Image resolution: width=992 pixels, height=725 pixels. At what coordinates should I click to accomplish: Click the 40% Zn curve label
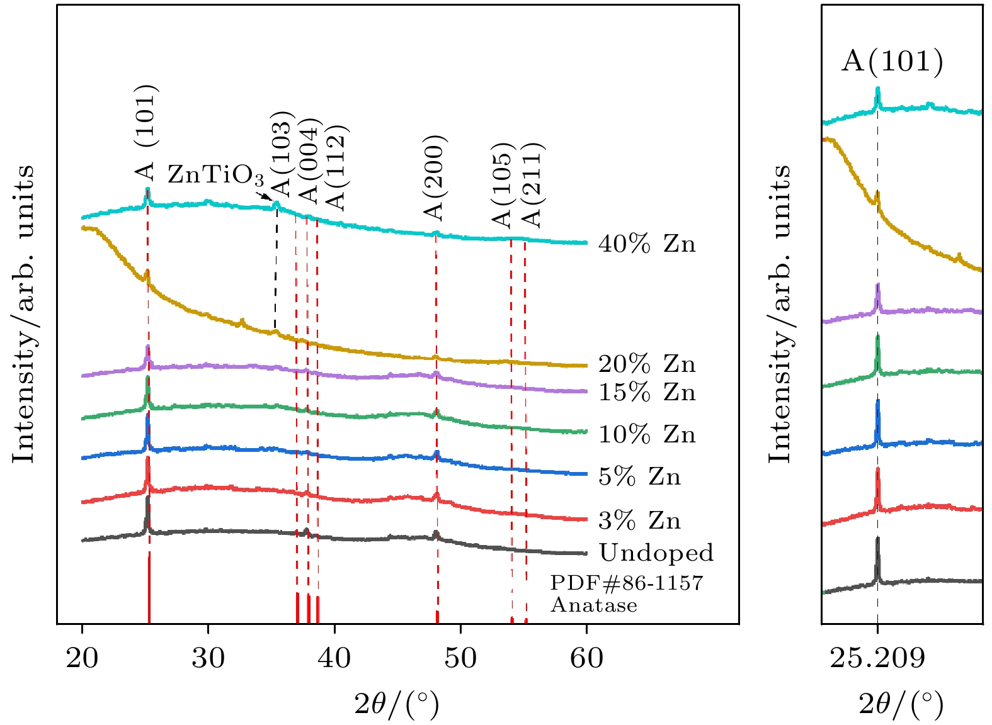tap(647, 244)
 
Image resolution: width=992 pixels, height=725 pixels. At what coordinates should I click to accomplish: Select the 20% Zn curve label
tap(647, 364)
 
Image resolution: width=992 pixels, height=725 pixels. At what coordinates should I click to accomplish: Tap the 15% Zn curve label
tap(647, 392)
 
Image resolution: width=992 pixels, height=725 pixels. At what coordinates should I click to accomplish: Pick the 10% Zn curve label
tap(647, 434)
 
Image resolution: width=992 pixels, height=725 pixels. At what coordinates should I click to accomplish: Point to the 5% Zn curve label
tap(639, 476)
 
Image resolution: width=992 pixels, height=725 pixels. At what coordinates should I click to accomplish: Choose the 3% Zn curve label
tap(639, 520)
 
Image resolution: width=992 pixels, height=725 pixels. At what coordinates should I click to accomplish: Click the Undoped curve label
tap(656, 553)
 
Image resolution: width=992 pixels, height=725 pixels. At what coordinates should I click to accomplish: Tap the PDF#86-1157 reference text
tap(626, 583)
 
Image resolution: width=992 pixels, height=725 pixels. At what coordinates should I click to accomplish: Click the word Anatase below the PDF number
tap(594, 605)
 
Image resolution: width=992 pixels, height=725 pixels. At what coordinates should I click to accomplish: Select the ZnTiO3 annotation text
tap(215, 175)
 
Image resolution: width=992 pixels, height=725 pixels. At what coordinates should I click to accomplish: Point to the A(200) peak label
tap(435, 178)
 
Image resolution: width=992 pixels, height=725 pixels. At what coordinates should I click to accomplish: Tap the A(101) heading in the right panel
tap(892, 61)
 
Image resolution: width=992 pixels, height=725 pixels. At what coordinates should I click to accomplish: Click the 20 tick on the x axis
tap(82, 658)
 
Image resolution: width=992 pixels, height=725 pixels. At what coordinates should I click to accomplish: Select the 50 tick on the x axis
tap(460, 658)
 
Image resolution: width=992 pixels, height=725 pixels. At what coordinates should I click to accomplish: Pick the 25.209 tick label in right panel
tap(877, 658)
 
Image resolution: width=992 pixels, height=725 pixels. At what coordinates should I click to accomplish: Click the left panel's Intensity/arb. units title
tap(24, 313)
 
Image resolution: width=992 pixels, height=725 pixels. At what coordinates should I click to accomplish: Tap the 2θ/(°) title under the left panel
tap(396, 704)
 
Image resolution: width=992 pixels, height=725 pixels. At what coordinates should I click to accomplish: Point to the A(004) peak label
tap(310, 161)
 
